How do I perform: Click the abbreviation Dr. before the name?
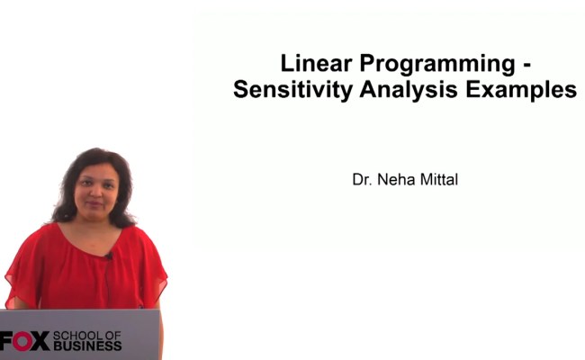[362, 179]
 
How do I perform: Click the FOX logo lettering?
[24, 342]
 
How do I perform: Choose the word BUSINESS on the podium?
[86, 346]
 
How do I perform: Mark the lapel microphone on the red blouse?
[109, 256]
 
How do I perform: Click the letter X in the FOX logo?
[41, 342]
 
